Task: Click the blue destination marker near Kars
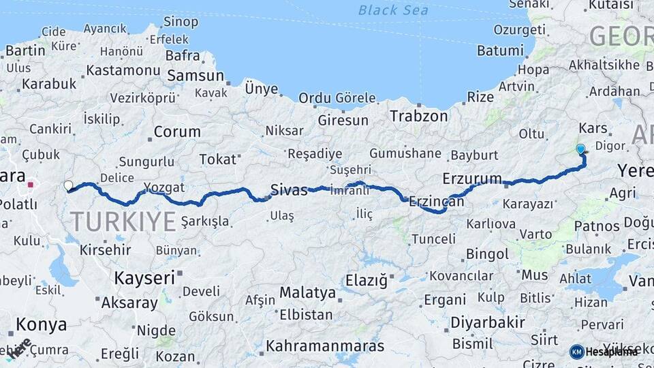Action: click(x=580, y=149)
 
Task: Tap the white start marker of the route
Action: click(x=68, y=185)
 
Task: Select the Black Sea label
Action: click(x=393, y=10)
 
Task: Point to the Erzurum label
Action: click(x=471, y=179)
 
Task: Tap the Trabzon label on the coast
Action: click(x=419, y=116)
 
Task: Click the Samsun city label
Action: click(x=196, y=76)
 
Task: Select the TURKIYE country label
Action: click(x=123, y=221)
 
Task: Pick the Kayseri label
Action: click(x=144, y=277)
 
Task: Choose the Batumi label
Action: click(x=500, y=50)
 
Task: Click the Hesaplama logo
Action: click(x=603, y=352)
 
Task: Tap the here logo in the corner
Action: click(x=20, y=348)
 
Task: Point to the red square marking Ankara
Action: click(x=31, y=184)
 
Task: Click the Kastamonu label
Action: click(x=123, y=70)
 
